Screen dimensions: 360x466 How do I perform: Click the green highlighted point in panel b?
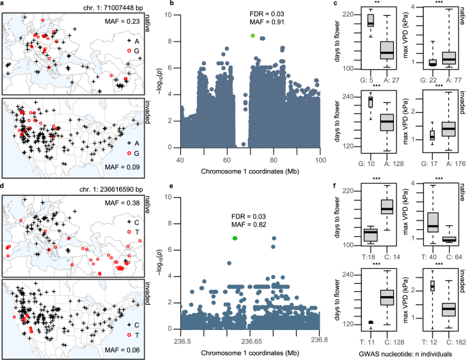[x=252, y=35]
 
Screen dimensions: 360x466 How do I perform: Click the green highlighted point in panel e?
[x=235, y=239]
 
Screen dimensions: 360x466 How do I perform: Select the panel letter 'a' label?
[x=3, y=4]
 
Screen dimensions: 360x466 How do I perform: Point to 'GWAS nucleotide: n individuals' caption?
[x=405, y=355]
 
